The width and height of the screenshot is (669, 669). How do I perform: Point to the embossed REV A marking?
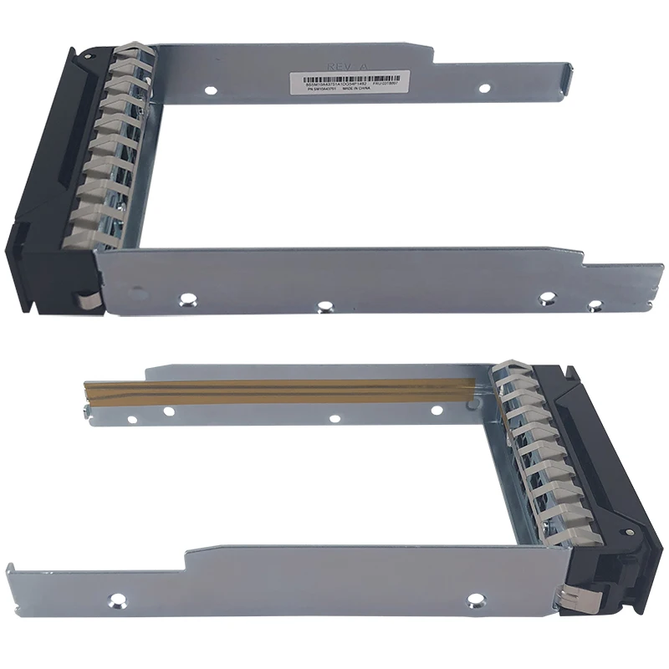pos(339,61)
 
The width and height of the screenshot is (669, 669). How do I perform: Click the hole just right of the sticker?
pos(483,88)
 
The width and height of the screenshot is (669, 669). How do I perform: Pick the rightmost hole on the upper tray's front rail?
pos(595,304)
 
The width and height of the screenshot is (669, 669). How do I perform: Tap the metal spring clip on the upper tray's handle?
pos(85,296)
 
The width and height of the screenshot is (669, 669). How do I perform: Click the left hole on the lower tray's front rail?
pos(118,599)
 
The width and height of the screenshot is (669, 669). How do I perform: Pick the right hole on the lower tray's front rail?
pos(476,599)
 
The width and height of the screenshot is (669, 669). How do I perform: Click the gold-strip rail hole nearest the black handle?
pos(437,410)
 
